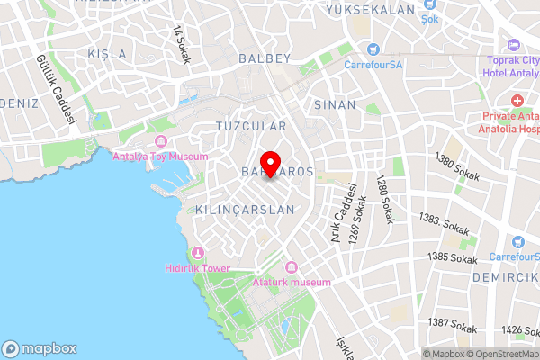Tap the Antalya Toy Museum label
coord(160,156)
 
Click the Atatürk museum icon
coord(290,267)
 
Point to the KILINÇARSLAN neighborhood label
coord(245,209)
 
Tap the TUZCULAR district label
coord(251,127)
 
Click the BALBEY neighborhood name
coord(265,58)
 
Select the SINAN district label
coord(336,104)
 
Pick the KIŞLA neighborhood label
coord(108,55)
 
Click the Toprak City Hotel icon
coord(514,45)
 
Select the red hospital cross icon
coord(517,100)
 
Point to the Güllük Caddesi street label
coord(56,90)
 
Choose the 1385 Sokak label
coord(453,258)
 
